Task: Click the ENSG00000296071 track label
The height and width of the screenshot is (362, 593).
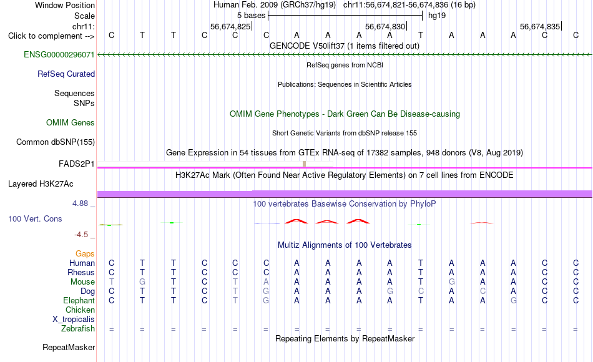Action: (x=59, y=54)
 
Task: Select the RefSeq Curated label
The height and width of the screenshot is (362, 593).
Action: (x=66, y=74)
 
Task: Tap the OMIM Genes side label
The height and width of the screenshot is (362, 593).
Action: (x=71, y=122)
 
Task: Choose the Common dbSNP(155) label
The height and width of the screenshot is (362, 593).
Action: (x=56, y=142)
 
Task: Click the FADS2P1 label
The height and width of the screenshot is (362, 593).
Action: (x=76, y=164)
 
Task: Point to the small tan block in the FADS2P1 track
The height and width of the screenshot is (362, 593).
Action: (x=305, y=164)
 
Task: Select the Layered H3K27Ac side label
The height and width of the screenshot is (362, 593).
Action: (x=41, y=184)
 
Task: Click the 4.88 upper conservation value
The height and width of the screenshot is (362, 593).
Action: (x=80, y=203)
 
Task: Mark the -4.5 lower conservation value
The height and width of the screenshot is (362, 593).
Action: (x=81, y=235)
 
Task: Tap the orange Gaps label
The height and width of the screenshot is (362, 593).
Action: (x=85, y=253)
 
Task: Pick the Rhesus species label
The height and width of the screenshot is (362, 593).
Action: (x=81, y=272)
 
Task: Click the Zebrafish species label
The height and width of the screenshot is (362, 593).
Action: (x=78, y=328)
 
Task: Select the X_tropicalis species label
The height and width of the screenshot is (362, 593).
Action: (x=74, y=320)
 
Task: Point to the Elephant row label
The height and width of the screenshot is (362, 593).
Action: (x=79, y=300)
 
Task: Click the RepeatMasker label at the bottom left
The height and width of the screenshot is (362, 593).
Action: (x=69, y=347)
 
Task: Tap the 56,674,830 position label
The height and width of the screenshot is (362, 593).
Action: (x=385, y=26)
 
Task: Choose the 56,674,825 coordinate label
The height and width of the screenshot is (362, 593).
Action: (x=230, y=26)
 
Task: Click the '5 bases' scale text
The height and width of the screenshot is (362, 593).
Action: (x=252, y=16)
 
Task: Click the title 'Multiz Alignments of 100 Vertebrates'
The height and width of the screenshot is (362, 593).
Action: (x=345, y=245)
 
